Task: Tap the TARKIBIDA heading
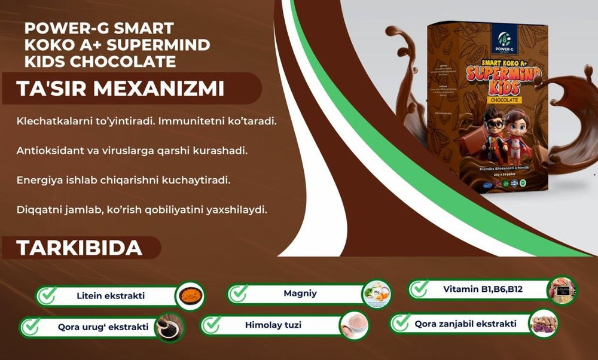pos(79,248)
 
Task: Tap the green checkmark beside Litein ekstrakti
pos(47,295)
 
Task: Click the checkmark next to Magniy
pos(239,294)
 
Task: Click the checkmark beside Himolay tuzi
pos(212,325)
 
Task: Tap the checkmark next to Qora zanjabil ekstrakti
pos(401,324)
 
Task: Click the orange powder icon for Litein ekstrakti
pos(190,296)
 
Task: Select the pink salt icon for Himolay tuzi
pos(353,326)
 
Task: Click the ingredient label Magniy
pos(300,294)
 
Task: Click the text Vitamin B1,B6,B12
pos(483,289)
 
